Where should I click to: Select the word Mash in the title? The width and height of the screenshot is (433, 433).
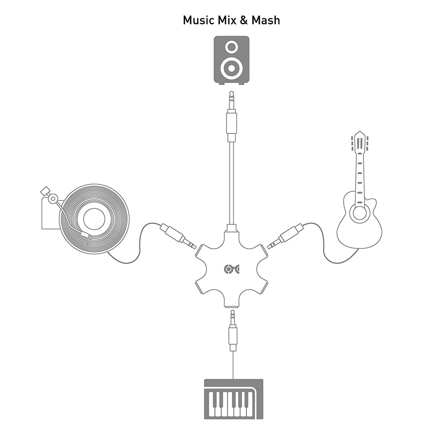tap(265, 20)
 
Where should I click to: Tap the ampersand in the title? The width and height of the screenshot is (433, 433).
tap(244, 20)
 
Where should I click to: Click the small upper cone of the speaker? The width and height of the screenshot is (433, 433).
tap(231, 47)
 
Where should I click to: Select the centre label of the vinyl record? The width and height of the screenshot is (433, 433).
tap(94, 219)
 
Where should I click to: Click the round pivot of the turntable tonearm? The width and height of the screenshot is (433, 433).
tap(53, 198)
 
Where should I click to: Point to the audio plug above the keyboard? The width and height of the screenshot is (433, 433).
tap(233, 330)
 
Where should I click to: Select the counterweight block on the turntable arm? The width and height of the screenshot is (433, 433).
tap(45, 191)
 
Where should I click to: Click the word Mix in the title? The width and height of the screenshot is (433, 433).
tap(227, 20)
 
